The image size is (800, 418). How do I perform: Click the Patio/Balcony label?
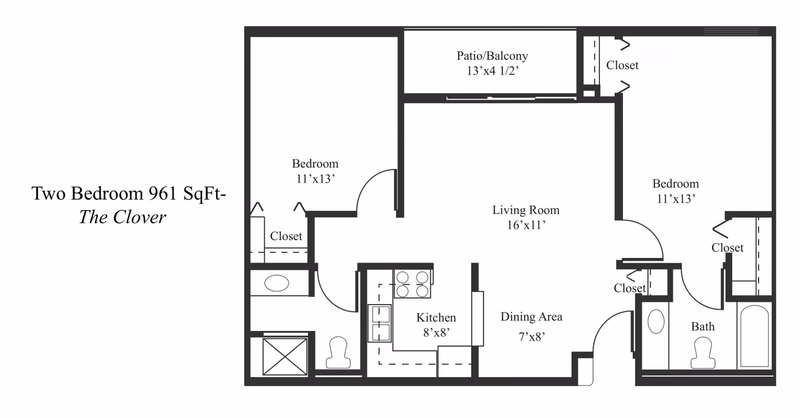pos(492,55)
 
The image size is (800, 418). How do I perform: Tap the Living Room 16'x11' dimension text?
pos(526,225)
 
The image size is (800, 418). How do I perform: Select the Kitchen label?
pos(436,317)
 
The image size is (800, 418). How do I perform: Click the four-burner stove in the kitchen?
pos(412,284)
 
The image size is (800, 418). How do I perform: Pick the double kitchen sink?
pos(380,323)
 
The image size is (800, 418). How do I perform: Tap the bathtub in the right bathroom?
pos(754,336)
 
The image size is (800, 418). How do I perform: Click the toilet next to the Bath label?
pos(703,352)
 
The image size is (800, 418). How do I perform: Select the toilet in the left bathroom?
pos(338,352)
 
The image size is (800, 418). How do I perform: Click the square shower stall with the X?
pos(285,356)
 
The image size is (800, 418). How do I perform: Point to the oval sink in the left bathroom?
pos(277,283)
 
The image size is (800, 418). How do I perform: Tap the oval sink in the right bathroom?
pos(655,321)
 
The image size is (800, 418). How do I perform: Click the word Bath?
pos(703,326)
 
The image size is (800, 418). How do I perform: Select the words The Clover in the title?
pos(122,217)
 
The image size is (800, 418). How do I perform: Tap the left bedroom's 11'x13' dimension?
pos(315,178)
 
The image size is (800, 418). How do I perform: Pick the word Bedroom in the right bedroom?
pos(675,183)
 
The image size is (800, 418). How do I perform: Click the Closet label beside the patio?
pos(622,65)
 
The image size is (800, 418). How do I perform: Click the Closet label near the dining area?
pos(630,288)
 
